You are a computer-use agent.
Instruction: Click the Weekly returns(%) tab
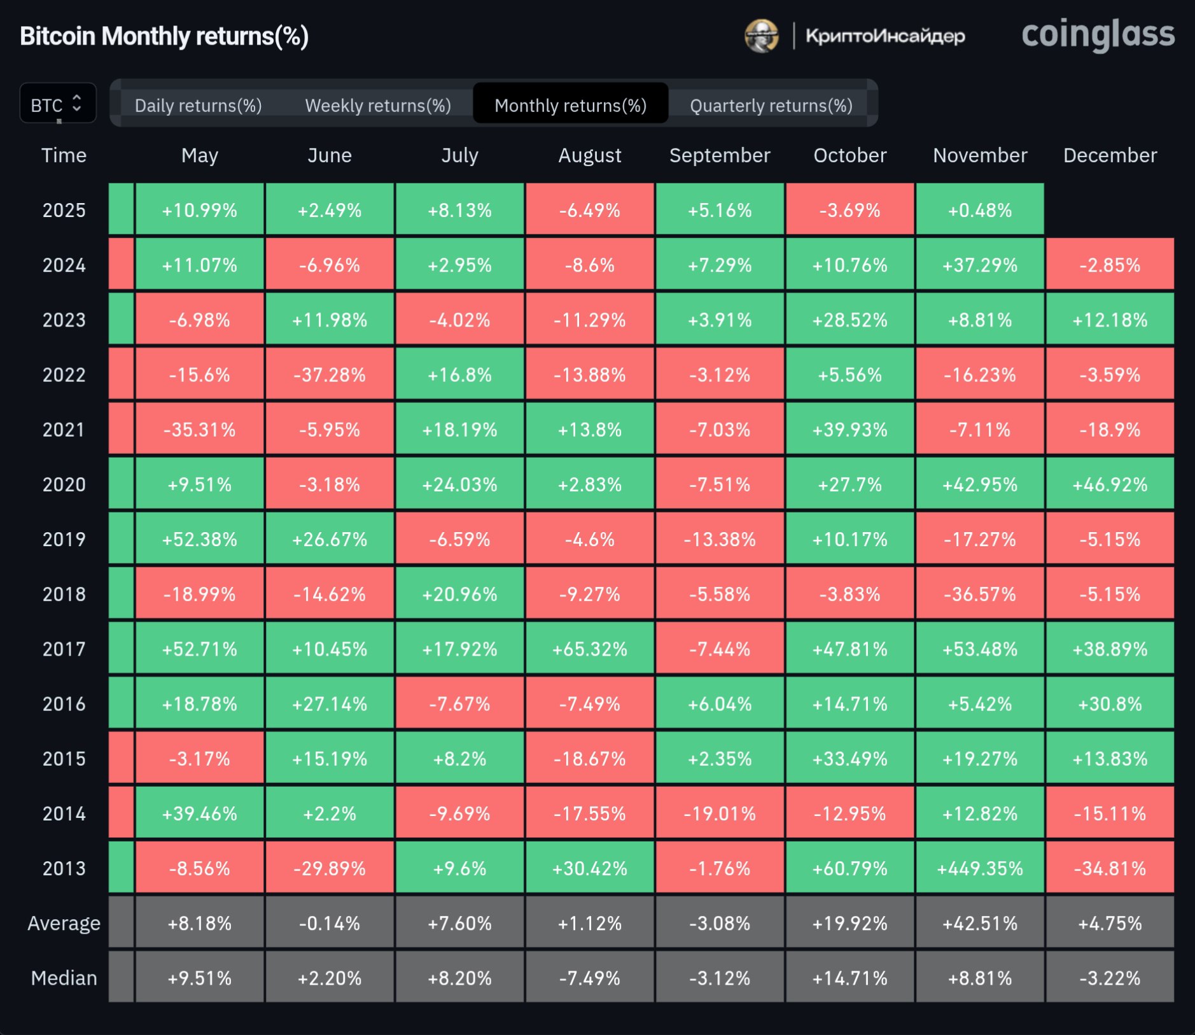[378, 105]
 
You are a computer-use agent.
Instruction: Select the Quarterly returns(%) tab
[771, 105]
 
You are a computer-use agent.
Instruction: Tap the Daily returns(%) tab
[198, 105]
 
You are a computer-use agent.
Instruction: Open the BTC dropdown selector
[57, 104]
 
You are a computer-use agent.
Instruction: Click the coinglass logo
[1098, 35]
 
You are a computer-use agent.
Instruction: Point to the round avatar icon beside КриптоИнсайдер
[762, 36]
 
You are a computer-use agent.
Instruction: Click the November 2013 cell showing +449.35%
[979, 868]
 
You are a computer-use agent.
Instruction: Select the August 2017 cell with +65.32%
[589, 649]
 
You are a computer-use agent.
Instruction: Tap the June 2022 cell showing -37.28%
[330, 375]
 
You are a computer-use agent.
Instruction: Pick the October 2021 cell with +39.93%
[849, 430]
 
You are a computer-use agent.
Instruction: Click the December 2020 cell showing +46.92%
[1110, 484]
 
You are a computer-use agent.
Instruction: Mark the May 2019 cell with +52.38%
[199, 539]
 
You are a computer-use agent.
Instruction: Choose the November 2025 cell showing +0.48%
[979, 210]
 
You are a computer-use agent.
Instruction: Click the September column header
[720, 155]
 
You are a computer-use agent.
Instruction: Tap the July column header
[459, 155]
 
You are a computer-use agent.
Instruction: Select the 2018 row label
[64, 594]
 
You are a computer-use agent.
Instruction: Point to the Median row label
[64, 978]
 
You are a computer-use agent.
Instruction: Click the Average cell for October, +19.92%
[849, 923]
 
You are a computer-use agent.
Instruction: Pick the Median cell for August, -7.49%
[589, 978]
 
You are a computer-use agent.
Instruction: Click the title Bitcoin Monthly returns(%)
[164, 36]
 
